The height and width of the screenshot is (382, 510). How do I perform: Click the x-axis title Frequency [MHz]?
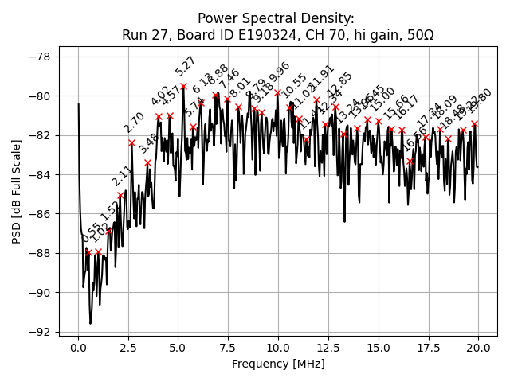pyautogui.click(x=278, y=364)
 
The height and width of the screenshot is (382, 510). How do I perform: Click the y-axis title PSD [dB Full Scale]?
pyautogui.click(x=17, y=191)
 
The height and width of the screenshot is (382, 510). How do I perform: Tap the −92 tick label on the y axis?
pyautogui.click(x=41, y=332)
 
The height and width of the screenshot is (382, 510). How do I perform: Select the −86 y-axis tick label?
pyautogui.click(x=41, y=214)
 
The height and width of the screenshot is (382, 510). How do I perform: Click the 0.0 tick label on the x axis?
pyautogui.click(x=78, y=348)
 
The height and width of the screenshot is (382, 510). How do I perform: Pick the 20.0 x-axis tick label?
pyautogui.click(x=478, y=348)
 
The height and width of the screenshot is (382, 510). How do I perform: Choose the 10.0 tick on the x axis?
pyautogui.click(x=278, y=348)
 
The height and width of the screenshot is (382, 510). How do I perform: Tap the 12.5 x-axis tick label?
pyautogui.click(x=328, y=348)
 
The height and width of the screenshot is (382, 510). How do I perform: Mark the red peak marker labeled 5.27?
pyautogui.click(x=183, y=86)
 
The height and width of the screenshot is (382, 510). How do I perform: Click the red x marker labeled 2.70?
pyautogui.click(x=132, y=142)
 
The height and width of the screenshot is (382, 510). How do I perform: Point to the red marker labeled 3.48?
pyautogui.click(x=147, y=162)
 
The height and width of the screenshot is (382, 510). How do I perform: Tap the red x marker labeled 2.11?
pyautogui.click(x=120, y=195)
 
